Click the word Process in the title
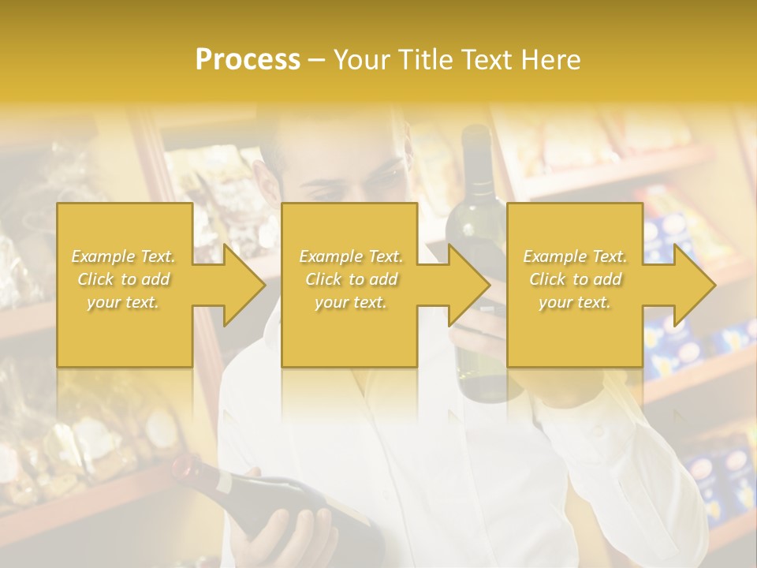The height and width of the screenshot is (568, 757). [x=248, y=59]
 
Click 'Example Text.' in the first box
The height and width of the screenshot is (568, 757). [x=124, y=256]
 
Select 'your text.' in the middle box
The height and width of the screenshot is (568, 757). [x=350, y=302]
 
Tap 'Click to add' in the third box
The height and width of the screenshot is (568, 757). [x=575, y=279]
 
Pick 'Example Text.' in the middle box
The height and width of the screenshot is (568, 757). [x=350, y=256]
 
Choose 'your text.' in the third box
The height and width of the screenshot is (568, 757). [x=575, y=302]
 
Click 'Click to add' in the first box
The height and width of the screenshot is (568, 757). [x=124, y=279]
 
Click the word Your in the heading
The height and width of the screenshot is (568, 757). [x=364, y=59]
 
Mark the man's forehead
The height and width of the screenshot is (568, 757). [x=347, y=154]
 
